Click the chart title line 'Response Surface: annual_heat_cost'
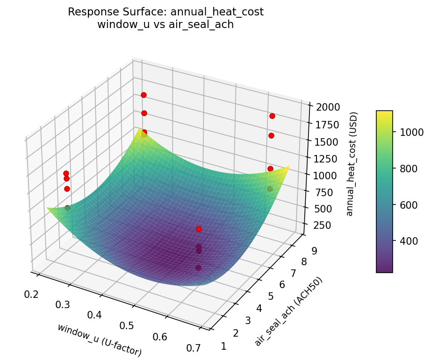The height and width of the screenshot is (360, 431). [x=165, y=12]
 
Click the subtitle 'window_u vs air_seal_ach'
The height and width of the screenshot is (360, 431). [x=165, y=25]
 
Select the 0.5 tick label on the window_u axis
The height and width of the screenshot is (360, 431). [x=126, y=325]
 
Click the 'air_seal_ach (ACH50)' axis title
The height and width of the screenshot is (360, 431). [x=288, y=311]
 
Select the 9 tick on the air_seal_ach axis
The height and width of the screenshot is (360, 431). [x=314, y=251]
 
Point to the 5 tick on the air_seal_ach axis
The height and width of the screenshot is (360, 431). [x=271, y=296]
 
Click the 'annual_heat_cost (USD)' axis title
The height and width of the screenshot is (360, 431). [x=354, y=164]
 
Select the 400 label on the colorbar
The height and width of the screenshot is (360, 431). [x=407, y=241]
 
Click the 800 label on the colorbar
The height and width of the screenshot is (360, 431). [x=407, y=169]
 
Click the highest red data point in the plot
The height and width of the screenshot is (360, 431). [x=144, y=95]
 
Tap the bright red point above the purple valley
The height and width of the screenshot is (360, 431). [x=199, y=229]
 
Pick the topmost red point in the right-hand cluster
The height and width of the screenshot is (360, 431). [x=272, y=116]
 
